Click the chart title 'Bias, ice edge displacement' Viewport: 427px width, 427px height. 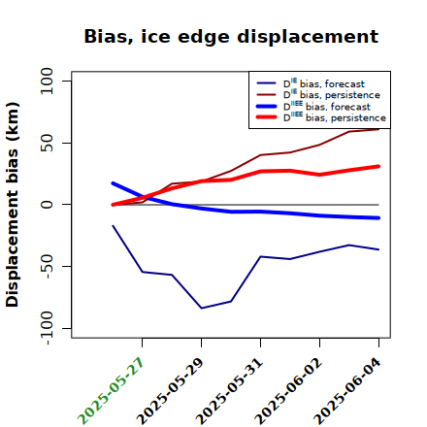[x=231, y=37]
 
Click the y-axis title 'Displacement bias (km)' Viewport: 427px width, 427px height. [x=13, y=205]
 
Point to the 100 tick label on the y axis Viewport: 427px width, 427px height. [x=47, y=81]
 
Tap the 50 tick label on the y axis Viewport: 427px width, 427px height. [x=47, y=143]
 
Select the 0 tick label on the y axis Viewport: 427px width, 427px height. [x=47, y=205]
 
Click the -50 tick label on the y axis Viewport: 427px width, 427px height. [x=48, y=266]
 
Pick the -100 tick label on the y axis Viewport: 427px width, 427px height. [x=48, y=328]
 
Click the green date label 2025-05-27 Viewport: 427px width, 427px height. [x=111, y=391]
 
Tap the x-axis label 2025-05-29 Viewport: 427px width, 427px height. [x=170, y=391]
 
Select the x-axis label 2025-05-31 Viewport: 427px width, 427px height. [x=229, y=391]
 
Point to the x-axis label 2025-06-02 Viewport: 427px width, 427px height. [x=288, y=391]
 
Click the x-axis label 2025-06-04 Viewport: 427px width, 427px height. [x=347, y=391]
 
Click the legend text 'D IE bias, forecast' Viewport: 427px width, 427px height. [x=324, y=83]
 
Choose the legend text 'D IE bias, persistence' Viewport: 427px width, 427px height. [x=332, y=94]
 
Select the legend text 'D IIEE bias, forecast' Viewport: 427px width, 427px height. [x=327, y=106]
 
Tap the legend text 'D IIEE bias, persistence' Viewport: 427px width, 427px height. [x=335, y=117]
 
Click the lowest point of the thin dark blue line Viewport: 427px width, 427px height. [x=202, y=308]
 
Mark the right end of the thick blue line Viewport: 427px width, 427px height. [x=378, y=218]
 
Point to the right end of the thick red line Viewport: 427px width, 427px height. [x=378, y=166]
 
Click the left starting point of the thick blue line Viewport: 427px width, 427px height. [x=113, y=183]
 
